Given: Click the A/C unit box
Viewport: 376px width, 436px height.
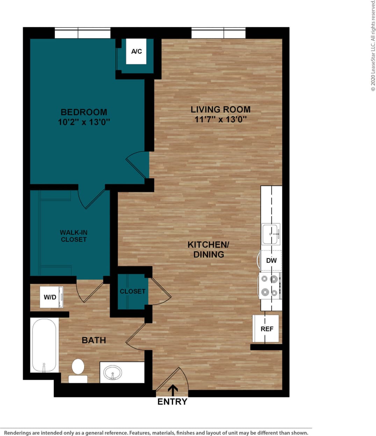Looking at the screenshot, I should (136, 52).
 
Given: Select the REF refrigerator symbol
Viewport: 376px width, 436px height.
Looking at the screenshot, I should (266, 329).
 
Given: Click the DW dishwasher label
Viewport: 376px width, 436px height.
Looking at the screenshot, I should (271, 260).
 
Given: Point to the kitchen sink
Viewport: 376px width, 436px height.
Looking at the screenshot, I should (271, 234).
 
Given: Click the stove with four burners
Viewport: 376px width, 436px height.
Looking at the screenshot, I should (270, 285).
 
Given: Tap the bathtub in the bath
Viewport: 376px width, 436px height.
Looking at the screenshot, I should (44, 345).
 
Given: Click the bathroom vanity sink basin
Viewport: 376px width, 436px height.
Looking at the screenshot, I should (113, 373).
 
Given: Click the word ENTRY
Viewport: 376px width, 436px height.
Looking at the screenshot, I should (172, 402).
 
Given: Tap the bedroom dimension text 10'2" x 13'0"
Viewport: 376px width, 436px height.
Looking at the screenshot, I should (84, 122).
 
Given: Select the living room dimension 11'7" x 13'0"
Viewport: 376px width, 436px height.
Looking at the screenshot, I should (220, 119).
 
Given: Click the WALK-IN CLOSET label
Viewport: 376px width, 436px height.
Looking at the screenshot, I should (73, 236).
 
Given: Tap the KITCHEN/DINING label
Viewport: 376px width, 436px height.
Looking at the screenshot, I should (209, 249).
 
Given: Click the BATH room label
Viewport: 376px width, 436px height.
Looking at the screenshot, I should (94, 340).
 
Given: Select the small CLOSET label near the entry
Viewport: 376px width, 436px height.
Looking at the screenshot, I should (132, 291).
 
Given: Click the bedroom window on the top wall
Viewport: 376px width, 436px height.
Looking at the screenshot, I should (82, 33).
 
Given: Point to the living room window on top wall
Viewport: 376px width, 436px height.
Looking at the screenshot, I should (218, 33).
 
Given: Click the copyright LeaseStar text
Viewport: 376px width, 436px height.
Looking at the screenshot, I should (373, 45).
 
